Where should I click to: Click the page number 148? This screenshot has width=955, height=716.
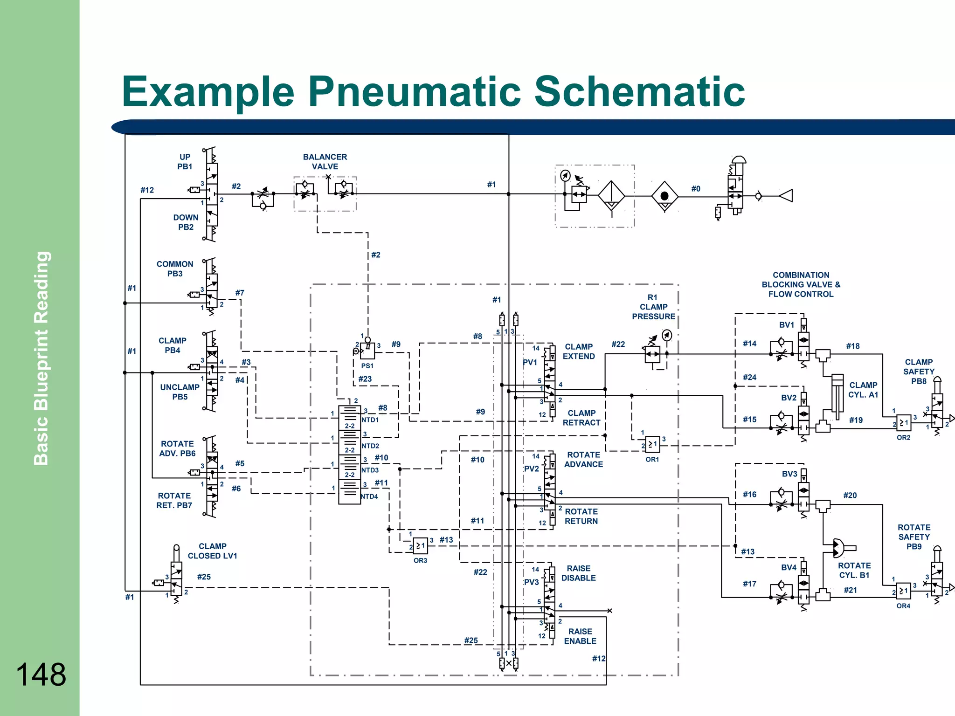tap(41, 675)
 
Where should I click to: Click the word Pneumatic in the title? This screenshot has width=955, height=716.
tap(414, 91)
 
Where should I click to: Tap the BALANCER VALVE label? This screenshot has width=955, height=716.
tap(325, 162)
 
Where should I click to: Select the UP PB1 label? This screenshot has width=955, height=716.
tap(185, 162)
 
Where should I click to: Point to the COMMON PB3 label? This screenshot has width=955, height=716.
tap(175, 269)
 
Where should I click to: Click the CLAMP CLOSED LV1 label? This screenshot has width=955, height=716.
tap(212, 551)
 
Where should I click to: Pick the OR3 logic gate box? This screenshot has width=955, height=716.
tap(421, 546)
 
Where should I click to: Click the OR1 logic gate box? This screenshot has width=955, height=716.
tap(652, 444)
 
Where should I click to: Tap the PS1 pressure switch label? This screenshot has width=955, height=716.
tap(367, 366)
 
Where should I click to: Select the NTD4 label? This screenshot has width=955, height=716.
tap(369, 496)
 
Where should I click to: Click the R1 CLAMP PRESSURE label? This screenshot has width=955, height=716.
tap(653, 307)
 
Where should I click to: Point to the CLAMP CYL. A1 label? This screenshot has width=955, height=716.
tap(863, 390)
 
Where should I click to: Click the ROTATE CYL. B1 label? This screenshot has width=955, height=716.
tap(854, 570)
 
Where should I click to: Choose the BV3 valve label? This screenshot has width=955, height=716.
tap(789, 474)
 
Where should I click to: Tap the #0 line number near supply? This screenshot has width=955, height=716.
tap(696, 189)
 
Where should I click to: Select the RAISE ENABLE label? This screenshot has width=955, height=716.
tap(580, 636)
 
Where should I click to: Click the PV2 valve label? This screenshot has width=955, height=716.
tap(532, 468)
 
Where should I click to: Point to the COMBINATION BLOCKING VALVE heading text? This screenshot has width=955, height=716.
tap(801, 284)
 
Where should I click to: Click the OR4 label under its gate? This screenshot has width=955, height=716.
tap(903, 606)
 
